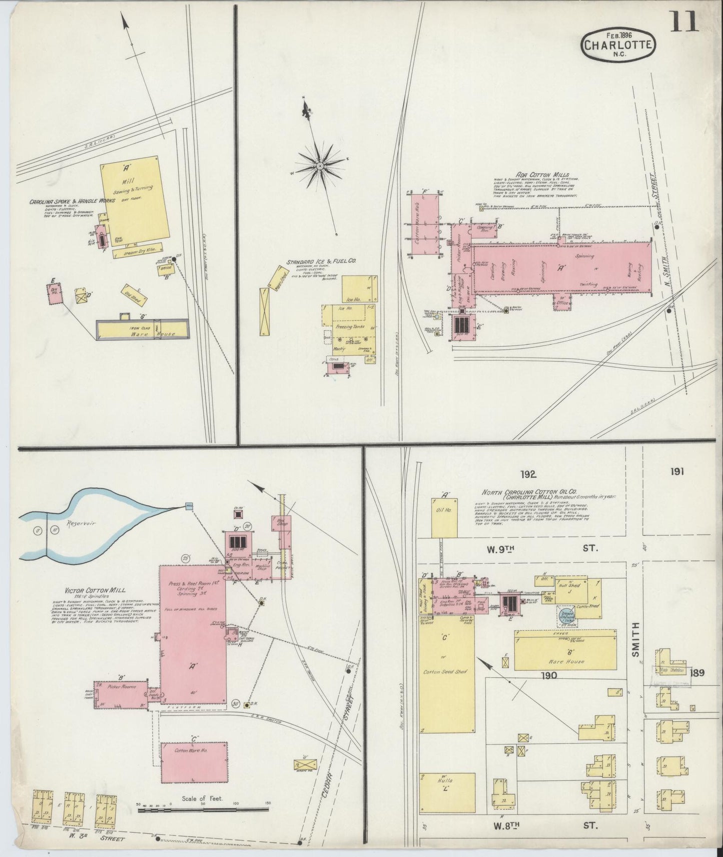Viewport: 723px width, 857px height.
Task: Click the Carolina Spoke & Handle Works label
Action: [72, 201]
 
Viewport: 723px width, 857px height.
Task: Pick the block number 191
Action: [674, 471]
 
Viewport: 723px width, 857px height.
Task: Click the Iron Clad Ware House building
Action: [141, 329]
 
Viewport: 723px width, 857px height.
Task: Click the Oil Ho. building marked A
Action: [443, 517]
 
